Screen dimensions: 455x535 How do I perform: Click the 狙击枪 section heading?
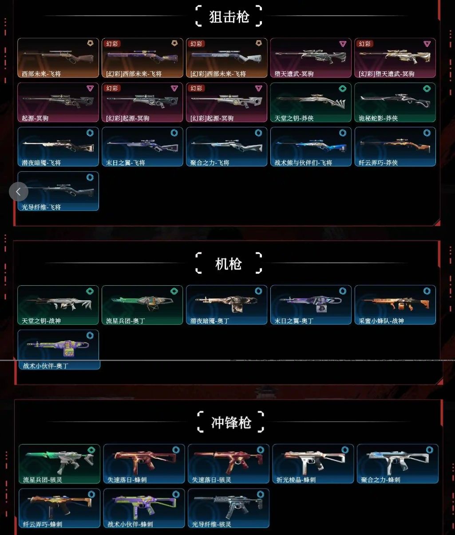coord(229,17)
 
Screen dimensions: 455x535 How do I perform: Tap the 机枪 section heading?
coord(229,264)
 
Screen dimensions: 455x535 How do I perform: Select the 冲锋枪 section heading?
coord(231,423)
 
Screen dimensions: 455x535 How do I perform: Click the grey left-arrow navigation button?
coord(18,192)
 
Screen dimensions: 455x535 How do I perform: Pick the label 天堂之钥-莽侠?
coord(294,118)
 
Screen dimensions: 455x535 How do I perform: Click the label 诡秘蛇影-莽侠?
coord(378,118)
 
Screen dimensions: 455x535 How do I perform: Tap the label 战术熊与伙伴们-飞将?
coord(303,163)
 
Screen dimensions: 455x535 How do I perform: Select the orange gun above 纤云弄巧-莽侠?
coord(395,146)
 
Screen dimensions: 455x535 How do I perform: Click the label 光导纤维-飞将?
coord(41,207)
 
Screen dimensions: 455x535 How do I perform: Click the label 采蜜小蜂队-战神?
coord(381,321)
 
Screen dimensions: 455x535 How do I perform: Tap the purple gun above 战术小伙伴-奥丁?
coord(58,348)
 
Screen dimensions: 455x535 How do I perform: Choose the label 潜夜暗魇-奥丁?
coord(210,321)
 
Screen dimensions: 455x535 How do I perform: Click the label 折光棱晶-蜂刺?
coord(296,480)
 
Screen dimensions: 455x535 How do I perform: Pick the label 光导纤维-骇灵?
coord(211,524)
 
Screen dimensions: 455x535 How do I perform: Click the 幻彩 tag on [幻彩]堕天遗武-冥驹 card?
coord(364,44)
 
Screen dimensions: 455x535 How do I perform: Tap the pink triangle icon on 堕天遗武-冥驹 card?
coord(343,44)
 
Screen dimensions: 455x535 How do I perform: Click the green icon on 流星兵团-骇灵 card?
coord(91,450)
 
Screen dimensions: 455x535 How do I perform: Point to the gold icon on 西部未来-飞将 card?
coord(90,43)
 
